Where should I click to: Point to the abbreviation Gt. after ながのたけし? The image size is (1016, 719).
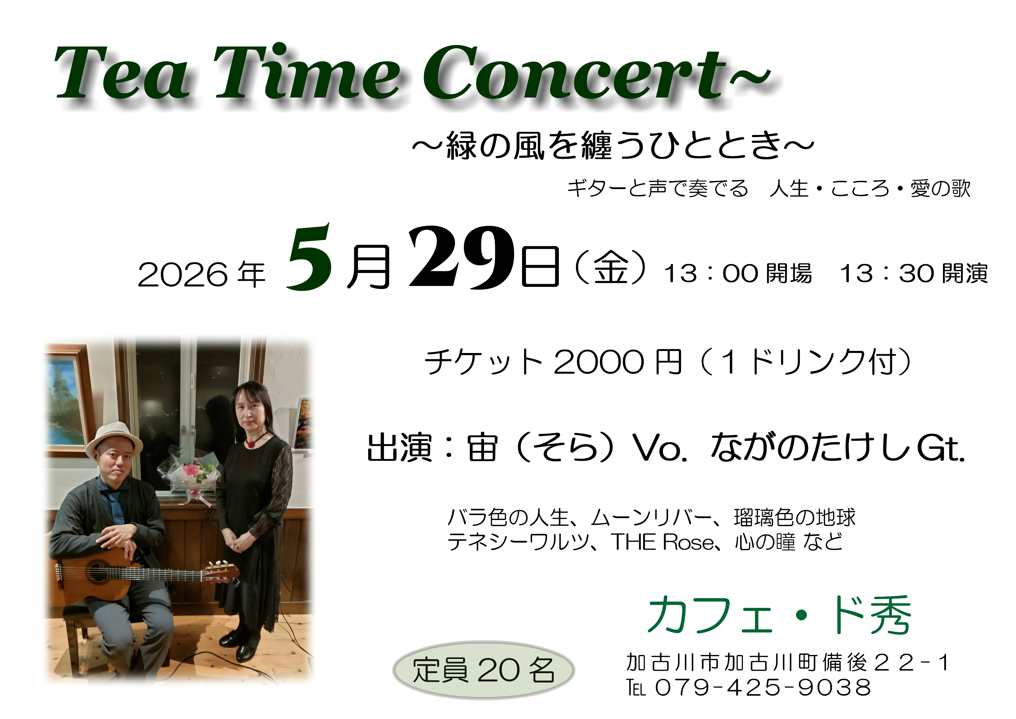940,448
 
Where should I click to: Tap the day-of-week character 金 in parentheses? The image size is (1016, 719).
611,268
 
